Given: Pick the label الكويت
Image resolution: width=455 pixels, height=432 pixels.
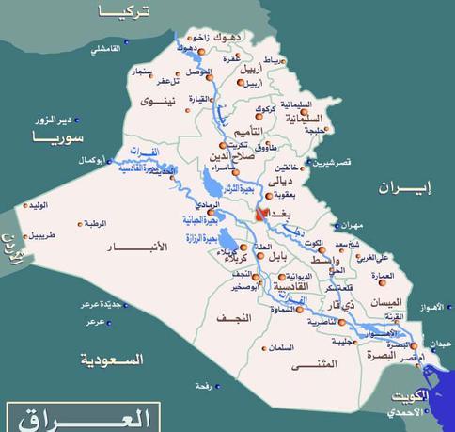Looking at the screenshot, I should click(411, 396).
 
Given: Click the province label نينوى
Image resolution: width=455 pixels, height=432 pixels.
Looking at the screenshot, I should click(158, 100).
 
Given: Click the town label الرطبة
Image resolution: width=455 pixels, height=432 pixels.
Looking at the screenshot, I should click(95, 224).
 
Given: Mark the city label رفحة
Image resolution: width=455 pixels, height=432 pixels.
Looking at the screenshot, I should click(200, 386).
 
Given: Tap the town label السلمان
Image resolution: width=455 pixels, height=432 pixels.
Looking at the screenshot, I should click(279, 347).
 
